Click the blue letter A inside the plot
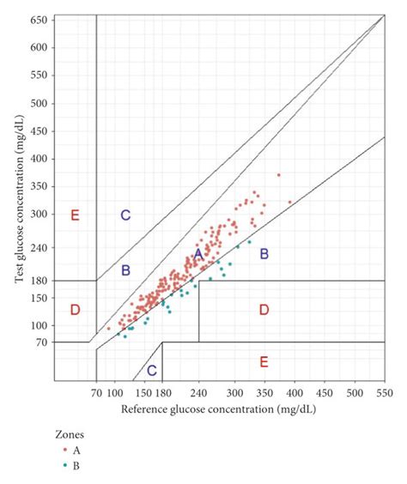point(197,254)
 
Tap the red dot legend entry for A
point(64,448)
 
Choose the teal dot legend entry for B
point(64,466)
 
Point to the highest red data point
point(278,175)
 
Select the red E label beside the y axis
point(75,215)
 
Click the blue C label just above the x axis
point(151,371)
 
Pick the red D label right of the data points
point(264,309)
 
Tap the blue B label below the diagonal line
point(264,253)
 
